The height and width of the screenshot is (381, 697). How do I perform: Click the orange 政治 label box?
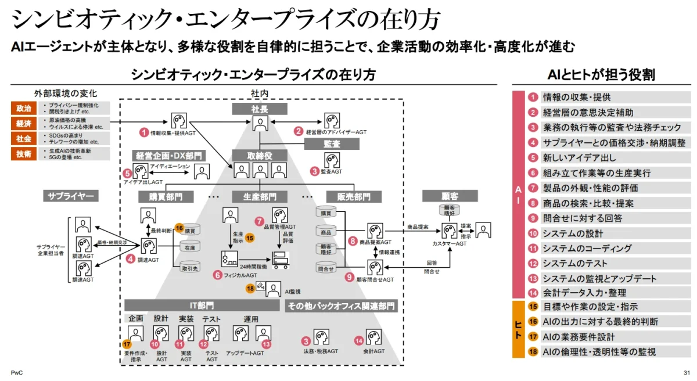(x=24, y=108)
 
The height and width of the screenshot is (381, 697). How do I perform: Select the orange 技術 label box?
(x=24, y=153)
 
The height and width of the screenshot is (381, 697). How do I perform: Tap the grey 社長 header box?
(x=260, y=109)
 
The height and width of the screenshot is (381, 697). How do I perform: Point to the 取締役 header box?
(x=260, y=155)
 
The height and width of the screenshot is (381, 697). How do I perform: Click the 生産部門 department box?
(x=260, y=197)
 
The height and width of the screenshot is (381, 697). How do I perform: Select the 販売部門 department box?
(x=348, y=197)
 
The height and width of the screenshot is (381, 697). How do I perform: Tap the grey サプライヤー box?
(x=70, y=196)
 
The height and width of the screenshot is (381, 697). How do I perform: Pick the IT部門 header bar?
(x=202, y=305)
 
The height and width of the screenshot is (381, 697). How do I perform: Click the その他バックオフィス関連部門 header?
(x=342, y=305)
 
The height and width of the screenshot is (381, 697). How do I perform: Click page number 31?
(x=687, y=372)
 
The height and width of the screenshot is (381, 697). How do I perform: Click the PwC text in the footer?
(x=16, y=372)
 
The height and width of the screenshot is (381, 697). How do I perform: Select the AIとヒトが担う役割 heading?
(x=601, y=75)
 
